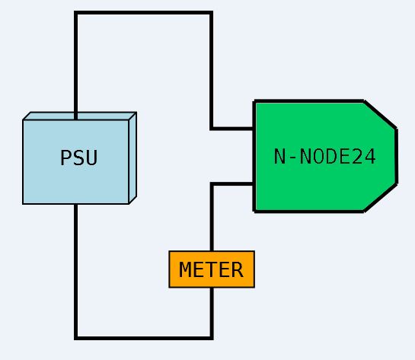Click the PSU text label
(x=79, y=158)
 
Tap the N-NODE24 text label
(x=324, y=157)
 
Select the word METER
(x=211, y=269)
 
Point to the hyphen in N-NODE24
(x=292, y=158)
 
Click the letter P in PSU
(x=65, y=158)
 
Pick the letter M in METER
(x=185, y=269)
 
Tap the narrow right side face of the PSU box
(x=132, y=158)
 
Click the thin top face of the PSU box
(x=80, y=116)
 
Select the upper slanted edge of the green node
(x=380, y=115)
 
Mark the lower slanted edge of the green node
(x=380, y=198)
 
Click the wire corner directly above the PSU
(x=76, y=13)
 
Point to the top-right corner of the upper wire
(x=211, y=13)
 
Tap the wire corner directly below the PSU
(x=76, y=338)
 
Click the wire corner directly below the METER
(x=212, y=338)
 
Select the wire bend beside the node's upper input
(x=211, y=129)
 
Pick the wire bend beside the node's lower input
(x=212, y=183)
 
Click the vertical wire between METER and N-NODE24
(x=212, y=217)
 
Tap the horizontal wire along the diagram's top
(x=143, y=13)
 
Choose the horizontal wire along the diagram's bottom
(x=144, y=338)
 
